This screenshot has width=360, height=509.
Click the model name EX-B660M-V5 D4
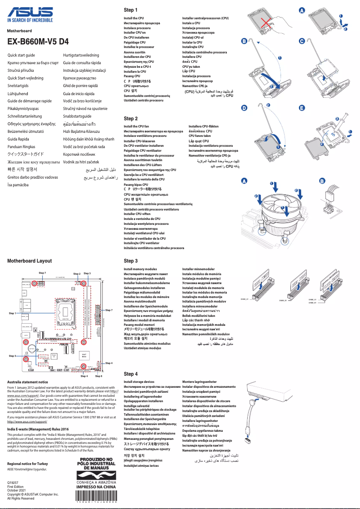[x=38, y=42]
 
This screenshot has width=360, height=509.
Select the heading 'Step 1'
[x=130, y=10]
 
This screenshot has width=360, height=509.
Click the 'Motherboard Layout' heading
[x=29, y=261]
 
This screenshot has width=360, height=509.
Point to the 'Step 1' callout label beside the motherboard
[x=12, y=313]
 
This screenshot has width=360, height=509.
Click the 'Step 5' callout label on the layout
[x=12, y=356]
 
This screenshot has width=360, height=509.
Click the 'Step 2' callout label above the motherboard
[x=77, y=274]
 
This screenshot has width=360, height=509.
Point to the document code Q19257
[x=14, y=482]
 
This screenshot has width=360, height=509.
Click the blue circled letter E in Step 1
[x=302, y=109]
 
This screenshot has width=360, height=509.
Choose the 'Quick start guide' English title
[x=22, y=54]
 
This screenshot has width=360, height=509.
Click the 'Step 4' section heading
[x=130, y=374]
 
